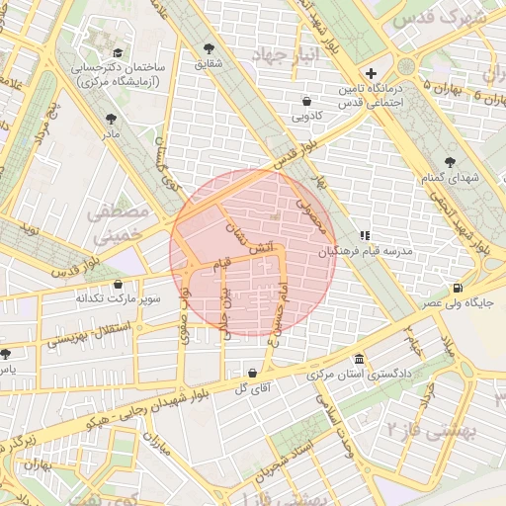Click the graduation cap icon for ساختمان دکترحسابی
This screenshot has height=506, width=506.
(x=119, y=53)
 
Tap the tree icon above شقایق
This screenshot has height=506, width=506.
(x=209, y=47)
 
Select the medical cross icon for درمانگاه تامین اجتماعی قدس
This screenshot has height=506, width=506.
(x=372, y=72)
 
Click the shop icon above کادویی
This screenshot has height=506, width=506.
(x=306, y=101)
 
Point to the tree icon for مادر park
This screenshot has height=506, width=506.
(x=110, y=119)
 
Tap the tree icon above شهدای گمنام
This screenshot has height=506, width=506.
(x=451, y=161)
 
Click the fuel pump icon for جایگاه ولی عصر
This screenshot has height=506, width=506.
(x=456, y=289)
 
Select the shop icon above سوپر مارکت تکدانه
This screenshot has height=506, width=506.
(x=118, y=284)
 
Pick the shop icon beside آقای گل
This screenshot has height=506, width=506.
(x=254, y=373)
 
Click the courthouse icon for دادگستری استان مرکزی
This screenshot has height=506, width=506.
(x=357, y=359)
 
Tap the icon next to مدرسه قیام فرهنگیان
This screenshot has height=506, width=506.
(x=365, y=236)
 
